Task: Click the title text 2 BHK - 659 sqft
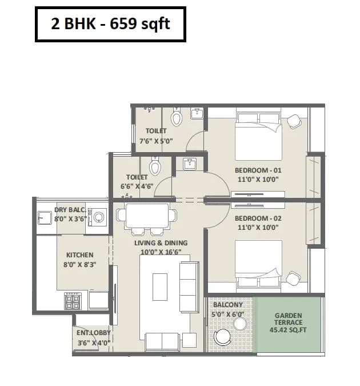point(110,25)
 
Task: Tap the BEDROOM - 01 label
point(258,170)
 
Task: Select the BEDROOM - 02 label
point(258,218)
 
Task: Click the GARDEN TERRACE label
point(289,319)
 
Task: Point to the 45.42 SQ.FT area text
point(289,329)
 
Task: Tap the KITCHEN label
point(79,255)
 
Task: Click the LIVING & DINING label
point(161,243)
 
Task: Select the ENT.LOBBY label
point(94,333)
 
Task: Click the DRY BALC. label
point(70,210)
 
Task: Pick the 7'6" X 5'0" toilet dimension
point(156,141)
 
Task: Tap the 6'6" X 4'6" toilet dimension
point(137,186)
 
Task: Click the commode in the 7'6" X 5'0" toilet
point(177,118)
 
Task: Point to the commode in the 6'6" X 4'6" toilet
point(155,166)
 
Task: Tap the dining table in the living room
point(147,216)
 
